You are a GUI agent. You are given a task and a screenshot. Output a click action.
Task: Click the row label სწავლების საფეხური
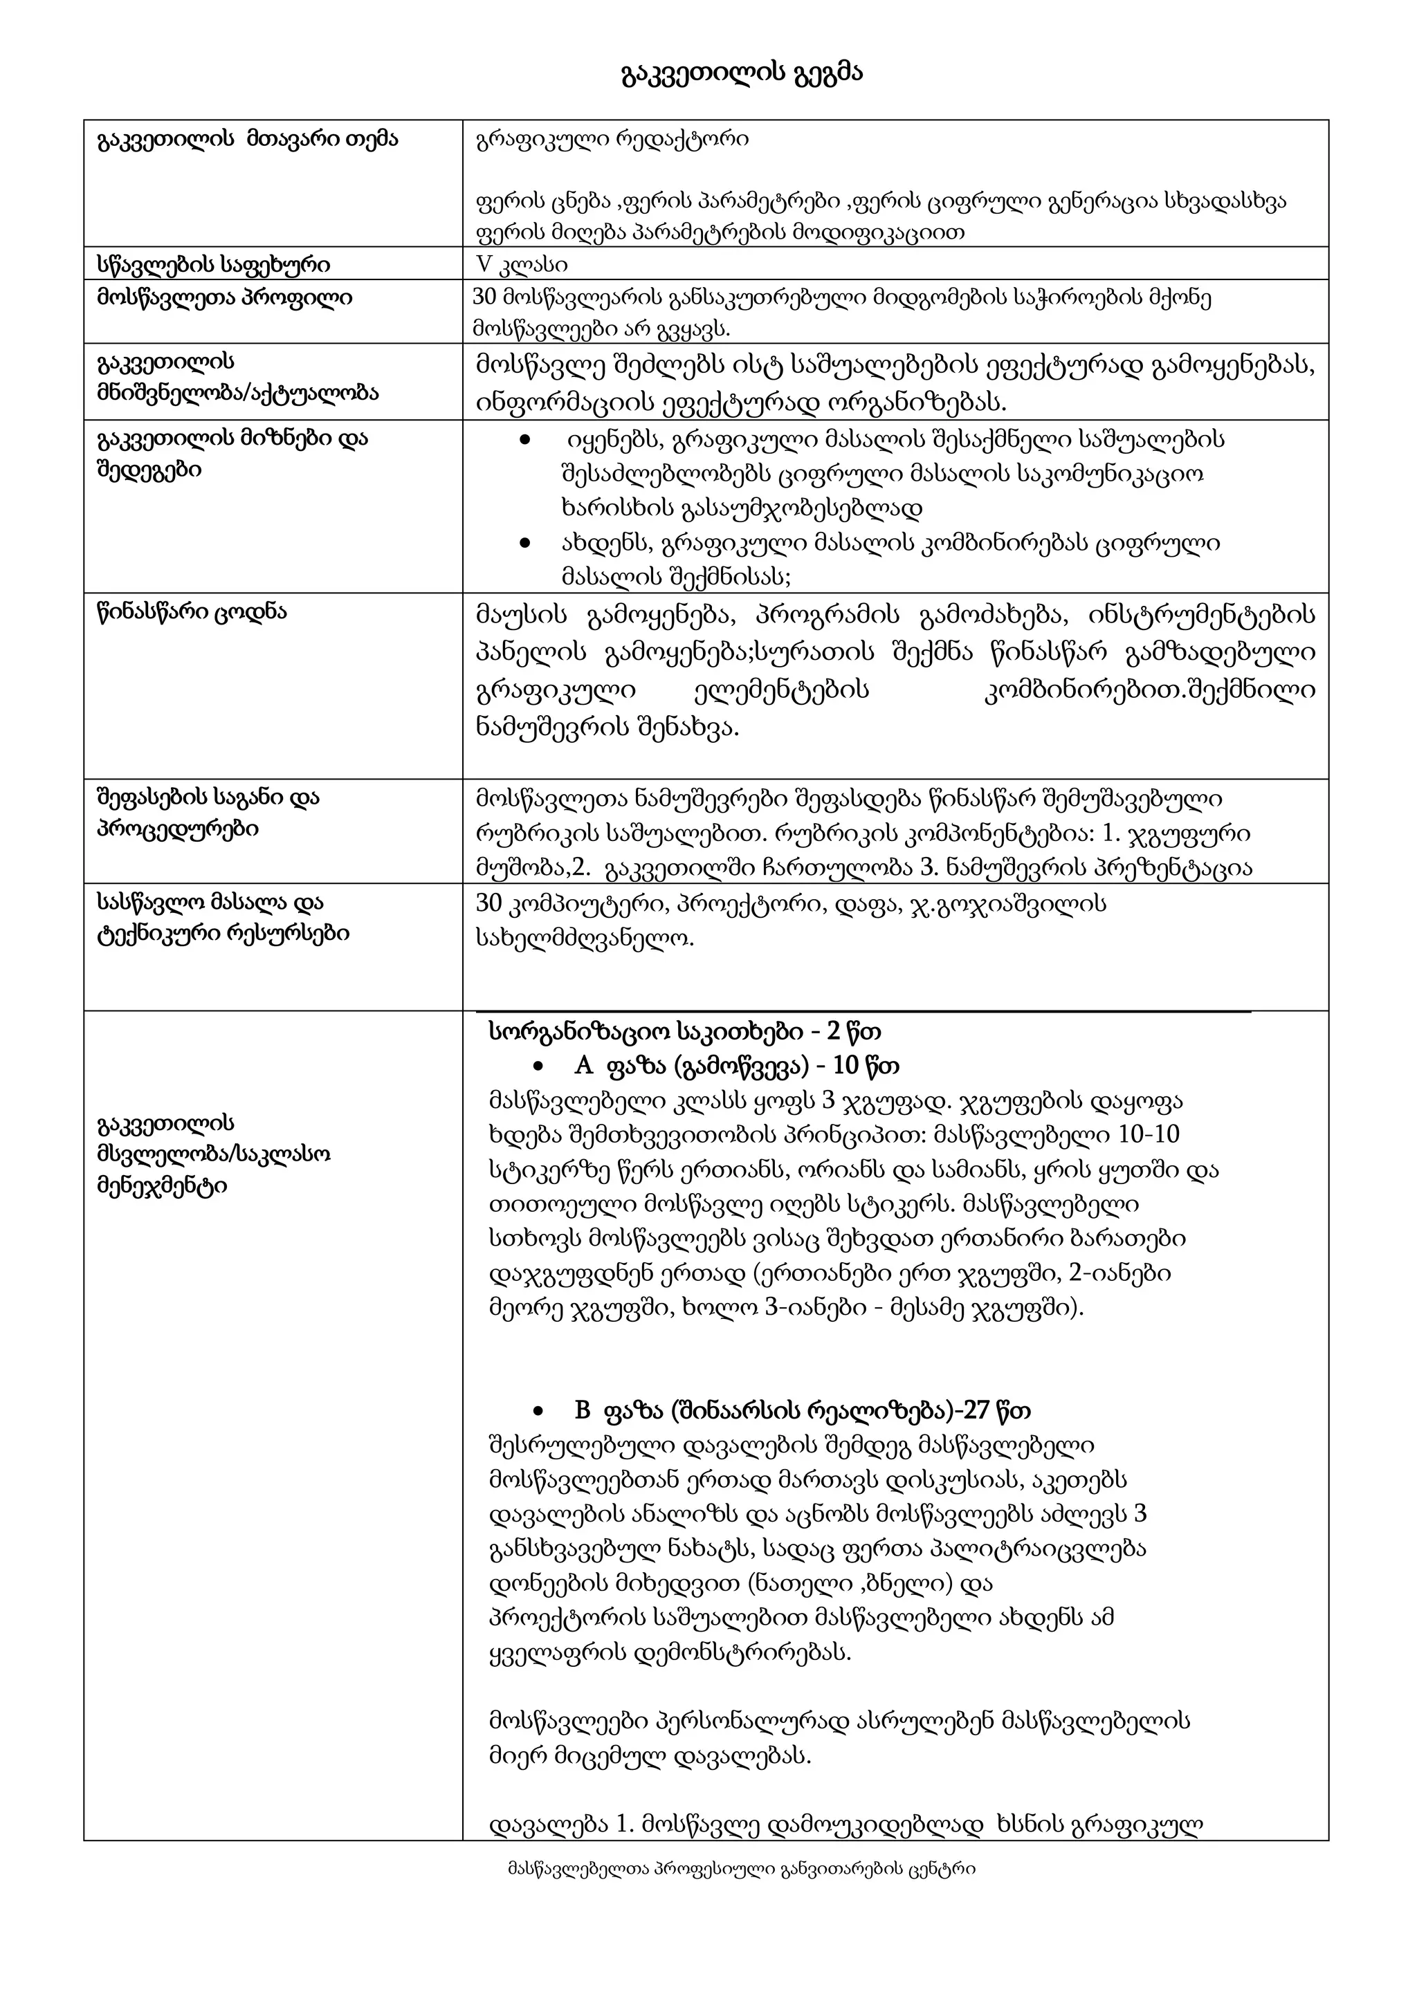click(213, 264)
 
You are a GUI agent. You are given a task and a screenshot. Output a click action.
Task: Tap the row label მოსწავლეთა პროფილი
click(224, 298)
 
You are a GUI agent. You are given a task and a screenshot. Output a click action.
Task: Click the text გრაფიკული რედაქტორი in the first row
click(612, 140)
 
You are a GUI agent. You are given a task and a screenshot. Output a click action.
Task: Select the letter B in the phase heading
click(583, 1411)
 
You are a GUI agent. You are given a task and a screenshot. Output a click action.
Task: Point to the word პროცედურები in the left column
click(177, 829)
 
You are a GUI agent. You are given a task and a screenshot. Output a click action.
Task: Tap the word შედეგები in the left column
click(149, 471)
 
